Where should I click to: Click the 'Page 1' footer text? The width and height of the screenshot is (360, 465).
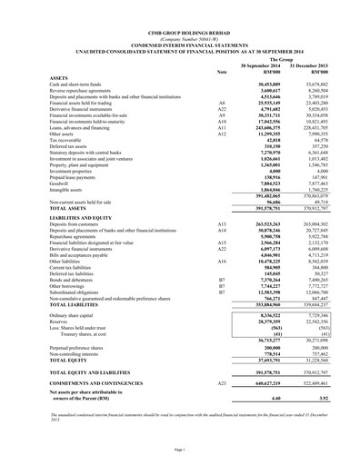tap(180, 450)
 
